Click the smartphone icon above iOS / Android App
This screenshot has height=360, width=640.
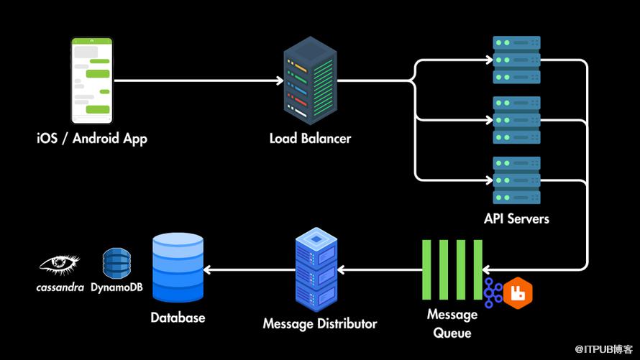click(x=93, y=80)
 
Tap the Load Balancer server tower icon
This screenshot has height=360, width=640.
click(x=311, y=80)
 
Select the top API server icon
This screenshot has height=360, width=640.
click(x=516, y=60)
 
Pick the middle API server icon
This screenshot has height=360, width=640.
click(x=516, y=120)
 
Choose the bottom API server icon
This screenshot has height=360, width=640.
click(x=516, y=180)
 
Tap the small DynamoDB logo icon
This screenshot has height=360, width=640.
click(x=116, y=264)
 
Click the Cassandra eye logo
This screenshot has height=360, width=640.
click(x=60, y=264)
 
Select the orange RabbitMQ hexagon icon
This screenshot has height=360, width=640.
click(x=518, y=294)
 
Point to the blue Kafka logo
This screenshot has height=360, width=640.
click(x=493, y=293)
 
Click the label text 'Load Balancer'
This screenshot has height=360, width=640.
click(x=311, y=137)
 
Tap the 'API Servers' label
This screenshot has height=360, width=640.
click(x=516, y=218)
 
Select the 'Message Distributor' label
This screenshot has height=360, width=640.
click(x=320, y=323)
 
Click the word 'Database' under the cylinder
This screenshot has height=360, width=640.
click(x=178, y=317)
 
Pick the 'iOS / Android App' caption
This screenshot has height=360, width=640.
click(x=92, y=138)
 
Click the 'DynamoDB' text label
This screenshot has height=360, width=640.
click(x=116, y=287)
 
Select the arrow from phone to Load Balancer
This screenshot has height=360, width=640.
click(x=198, y=80)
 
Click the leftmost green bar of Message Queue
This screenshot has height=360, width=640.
click(x=426, y=269)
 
